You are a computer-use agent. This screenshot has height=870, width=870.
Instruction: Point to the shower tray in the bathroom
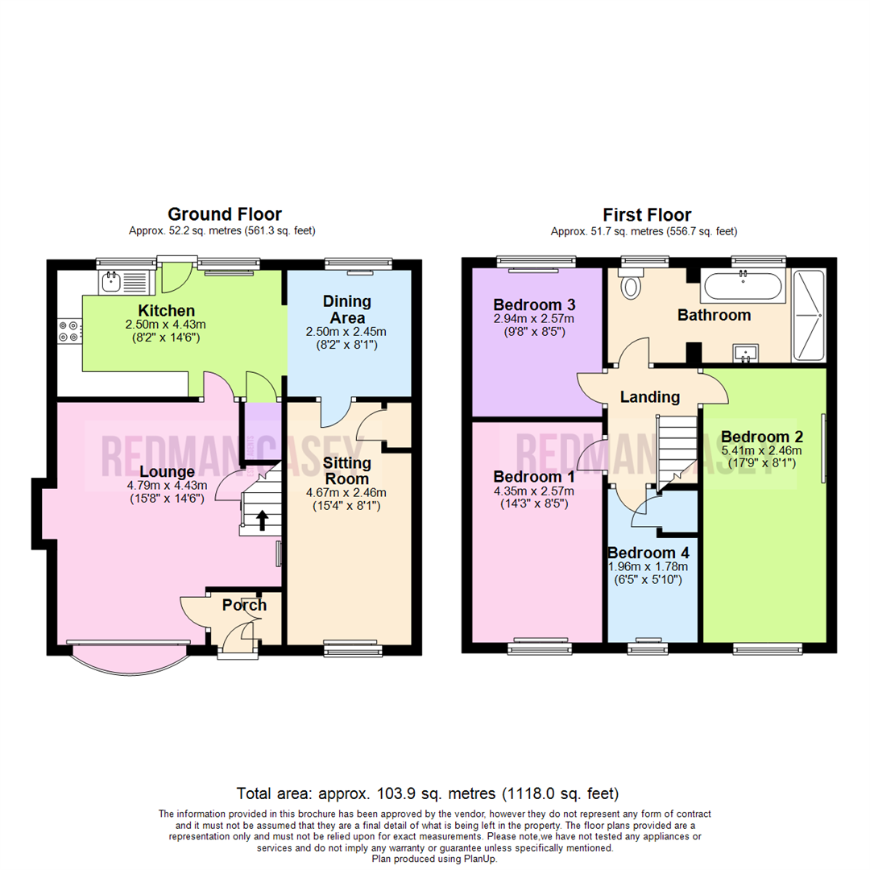point(809,315)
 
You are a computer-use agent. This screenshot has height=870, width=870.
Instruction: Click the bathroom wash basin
point(744,353)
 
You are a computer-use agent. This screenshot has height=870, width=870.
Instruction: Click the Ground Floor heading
point(224,214)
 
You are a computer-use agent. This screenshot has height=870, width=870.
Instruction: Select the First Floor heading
point(647,215)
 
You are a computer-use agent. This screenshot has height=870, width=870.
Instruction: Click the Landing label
point(649,396)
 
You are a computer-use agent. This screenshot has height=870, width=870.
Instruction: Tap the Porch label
point(244,605)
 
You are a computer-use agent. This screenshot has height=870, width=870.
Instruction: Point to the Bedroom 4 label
point(648,553)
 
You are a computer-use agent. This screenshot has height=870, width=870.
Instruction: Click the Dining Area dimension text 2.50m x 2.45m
point(347,332)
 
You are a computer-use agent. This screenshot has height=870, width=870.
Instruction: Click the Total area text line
point(428,793)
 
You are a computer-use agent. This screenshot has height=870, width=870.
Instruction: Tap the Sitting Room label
point(347,470)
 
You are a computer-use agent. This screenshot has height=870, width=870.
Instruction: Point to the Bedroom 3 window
point(536,261)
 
